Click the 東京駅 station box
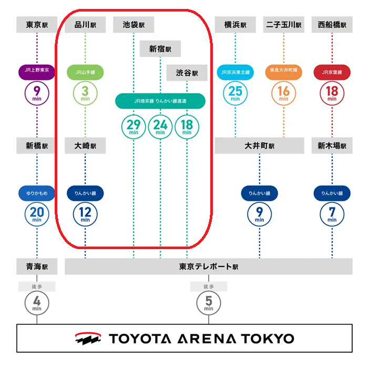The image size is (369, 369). tap(37, 25)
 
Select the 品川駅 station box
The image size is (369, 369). tap(85, 25)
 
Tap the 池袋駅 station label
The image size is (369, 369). tap(134, 25)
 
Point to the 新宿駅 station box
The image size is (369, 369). tap(160, 49)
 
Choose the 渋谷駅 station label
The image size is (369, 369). tap(187, 73)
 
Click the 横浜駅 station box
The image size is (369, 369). tap(235, 25)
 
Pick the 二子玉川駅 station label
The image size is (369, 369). tap(283, 25)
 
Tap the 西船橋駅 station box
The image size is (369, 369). tap(332, 25)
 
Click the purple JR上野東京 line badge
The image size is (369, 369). tap(37, 72)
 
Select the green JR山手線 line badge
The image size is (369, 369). tap(85, 72)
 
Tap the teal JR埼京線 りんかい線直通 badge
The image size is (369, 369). tap(160, 101)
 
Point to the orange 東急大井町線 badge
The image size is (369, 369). tap(283, 72)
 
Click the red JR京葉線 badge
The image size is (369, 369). tap(332, 72)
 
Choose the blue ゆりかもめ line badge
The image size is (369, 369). tap(37, 193)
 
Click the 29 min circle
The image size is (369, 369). tap(134, 127)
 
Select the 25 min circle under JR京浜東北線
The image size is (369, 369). tap(235, 93)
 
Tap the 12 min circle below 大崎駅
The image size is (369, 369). tap(85, 214)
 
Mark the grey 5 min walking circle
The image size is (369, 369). tap(209, 303)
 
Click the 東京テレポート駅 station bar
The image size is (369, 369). tap(209, 266)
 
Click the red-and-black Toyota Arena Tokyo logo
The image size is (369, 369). tap(88, 339)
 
